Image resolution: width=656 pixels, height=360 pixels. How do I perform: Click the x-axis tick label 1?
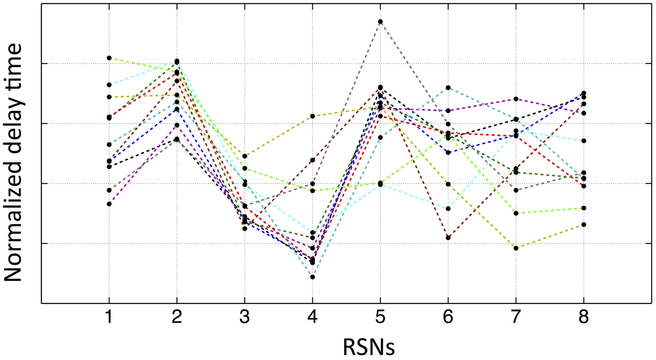(109, 317)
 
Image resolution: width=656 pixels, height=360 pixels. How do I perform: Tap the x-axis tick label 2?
(177, 317)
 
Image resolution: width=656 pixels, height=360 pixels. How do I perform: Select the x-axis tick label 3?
(245, 317)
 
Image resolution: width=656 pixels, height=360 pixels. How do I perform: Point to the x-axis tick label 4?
(312, 317)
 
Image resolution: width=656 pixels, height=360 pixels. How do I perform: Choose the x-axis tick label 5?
(380, 317)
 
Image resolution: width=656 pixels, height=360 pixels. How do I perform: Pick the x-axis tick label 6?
(448, 317)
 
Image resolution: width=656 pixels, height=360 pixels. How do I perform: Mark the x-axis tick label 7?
(516, 317)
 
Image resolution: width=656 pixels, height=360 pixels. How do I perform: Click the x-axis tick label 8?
(584, 317)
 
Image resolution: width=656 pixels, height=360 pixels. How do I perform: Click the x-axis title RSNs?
(369, 347)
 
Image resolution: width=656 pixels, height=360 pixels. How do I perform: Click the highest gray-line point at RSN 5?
(380, 22)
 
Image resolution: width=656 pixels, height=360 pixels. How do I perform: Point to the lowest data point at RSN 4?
(312, 277)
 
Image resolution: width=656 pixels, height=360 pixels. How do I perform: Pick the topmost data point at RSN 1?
(109, 58)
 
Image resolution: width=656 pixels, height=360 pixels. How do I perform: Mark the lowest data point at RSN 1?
(109, 204)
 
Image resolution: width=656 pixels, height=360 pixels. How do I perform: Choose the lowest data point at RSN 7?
(516, 248)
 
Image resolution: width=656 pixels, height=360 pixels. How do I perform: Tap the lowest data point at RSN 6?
(448, 238)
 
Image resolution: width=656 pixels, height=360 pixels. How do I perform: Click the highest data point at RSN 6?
(448, 87)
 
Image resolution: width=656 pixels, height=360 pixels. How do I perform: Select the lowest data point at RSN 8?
(584, 225)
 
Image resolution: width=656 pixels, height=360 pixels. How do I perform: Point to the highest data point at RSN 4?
(312, 116)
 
